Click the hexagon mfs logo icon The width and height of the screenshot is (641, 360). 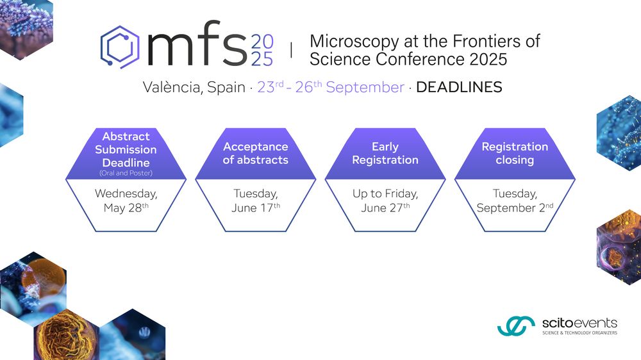(121, 46)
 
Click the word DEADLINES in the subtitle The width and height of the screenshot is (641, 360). (459, 87)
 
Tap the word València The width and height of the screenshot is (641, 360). (172, 88)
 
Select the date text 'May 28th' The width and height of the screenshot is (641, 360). (126, 208)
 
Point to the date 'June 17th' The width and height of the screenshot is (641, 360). (256, 208)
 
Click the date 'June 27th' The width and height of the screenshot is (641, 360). (385, 208)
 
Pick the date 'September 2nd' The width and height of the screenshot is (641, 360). (515, 208)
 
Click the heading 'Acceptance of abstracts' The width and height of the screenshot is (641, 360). (256, 153)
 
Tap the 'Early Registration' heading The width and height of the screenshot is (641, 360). (385, 153)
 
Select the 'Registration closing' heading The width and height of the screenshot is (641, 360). (515, 153)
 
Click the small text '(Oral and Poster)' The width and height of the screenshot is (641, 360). (126, 173)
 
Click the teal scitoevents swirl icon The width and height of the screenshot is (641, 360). (516, 325)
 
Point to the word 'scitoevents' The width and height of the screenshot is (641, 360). (579, 323)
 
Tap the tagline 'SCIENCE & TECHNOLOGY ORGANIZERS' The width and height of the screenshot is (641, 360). (579, 333)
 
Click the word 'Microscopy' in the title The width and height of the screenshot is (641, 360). (354, 42)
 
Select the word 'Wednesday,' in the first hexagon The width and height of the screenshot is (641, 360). (126, 193)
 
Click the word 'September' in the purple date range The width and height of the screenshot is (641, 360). (365, 88)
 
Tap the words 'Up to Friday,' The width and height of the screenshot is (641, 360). (385, 193)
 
